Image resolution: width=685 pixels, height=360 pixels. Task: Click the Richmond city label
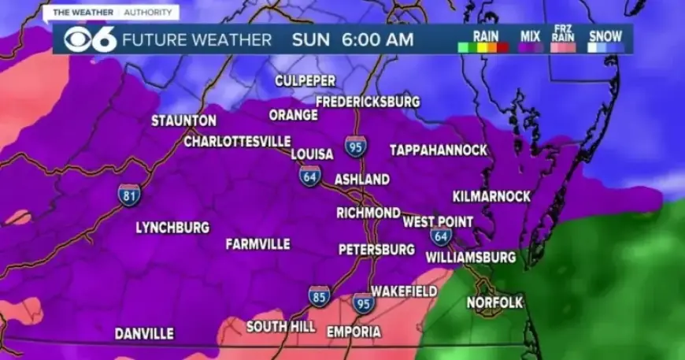(368, 213)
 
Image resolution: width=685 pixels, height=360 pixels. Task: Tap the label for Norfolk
(494, 302)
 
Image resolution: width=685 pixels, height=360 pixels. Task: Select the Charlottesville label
(237, 142)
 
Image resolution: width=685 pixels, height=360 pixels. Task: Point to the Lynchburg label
(172, 228)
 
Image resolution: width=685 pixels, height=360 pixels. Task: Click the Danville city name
(144, 334)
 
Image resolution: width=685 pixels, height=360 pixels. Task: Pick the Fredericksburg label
(368, 102)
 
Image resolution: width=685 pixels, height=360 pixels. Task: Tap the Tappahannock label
(439, 150)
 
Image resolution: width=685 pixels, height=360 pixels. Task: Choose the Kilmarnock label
(491, 196)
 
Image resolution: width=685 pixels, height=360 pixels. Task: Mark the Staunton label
(183, 121)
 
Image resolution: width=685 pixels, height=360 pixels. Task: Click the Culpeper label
(305, 81)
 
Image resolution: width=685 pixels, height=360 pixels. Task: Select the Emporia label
(354, 332)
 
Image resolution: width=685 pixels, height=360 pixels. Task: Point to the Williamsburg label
(471, 257)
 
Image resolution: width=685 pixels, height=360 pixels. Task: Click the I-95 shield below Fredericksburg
(355, 147)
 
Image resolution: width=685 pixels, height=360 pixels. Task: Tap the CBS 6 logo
(87, 39)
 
